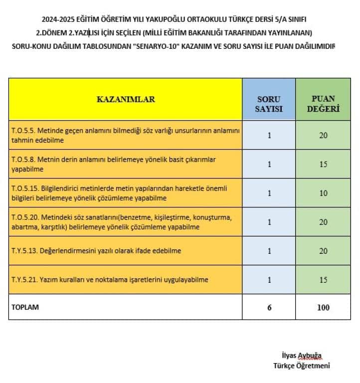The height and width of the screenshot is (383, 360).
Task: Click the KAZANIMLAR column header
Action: tap(126, 99)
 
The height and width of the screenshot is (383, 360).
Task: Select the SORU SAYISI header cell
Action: tap(269, 103)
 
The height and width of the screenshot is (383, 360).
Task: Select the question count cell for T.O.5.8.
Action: tap(269, 164)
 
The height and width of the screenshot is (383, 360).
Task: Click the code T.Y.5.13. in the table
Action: tap(24, 250)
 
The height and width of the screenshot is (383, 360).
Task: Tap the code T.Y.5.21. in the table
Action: tap(24, 280)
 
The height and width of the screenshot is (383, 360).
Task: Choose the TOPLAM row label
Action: tap(25, 307)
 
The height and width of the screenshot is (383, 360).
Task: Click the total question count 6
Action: tap(269, 307)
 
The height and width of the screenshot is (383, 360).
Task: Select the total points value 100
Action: tap(323, 307)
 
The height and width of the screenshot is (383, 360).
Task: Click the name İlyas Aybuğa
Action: tap(302, 356)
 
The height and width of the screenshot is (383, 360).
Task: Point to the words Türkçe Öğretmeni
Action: tap(301, 365)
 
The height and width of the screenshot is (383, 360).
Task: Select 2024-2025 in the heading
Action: tap(59, 20)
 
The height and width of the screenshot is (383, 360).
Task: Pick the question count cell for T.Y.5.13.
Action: tap(269, 250)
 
